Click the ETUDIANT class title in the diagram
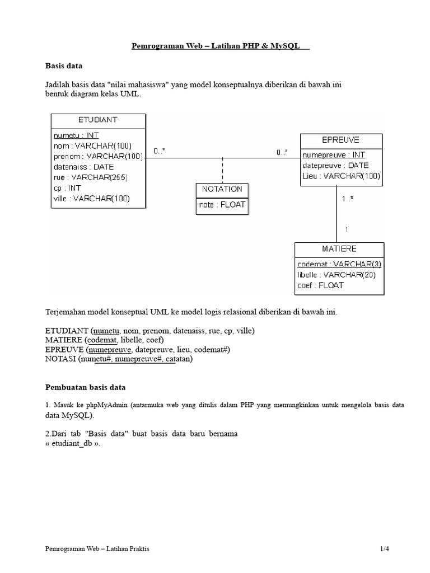(98, 119)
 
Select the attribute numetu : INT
(76, 135)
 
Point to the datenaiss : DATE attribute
(83, 167)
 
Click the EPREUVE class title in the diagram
(341, 139)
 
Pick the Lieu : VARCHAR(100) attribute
(341, 176)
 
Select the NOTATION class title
(222, 189)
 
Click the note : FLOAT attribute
(222, 205)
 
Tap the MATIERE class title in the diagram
(339, 248)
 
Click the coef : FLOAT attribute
(320, 285)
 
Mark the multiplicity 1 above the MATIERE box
(347, 229)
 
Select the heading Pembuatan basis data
(86, 387)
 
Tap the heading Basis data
(63, 65)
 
